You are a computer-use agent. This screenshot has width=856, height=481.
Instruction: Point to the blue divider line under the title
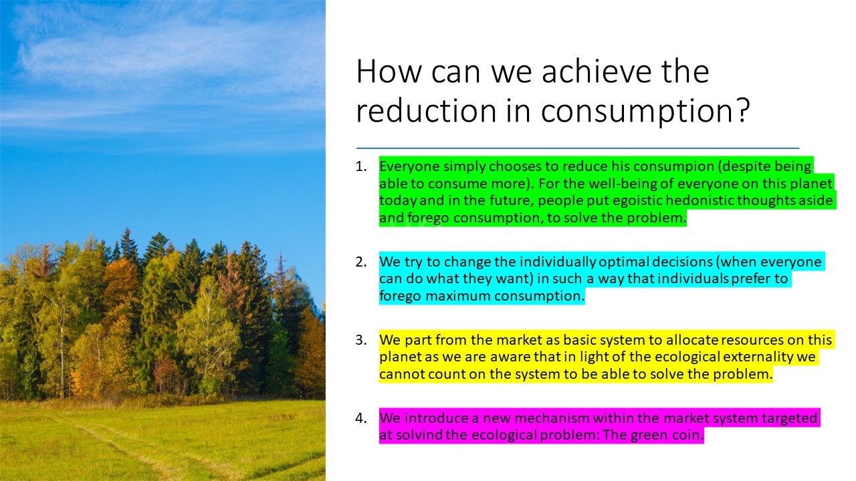pos(577,148)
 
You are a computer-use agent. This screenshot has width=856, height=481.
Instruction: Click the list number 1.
pos(360,166)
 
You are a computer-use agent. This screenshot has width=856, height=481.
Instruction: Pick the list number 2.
pos(360,262)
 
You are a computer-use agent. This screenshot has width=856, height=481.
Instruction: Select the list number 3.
pos(360,340)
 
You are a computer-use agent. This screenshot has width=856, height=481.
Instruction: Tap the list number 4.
pos(360,418)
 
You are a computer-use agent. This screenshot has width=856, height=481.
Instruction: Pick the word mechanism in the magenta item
pos(552,418)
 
